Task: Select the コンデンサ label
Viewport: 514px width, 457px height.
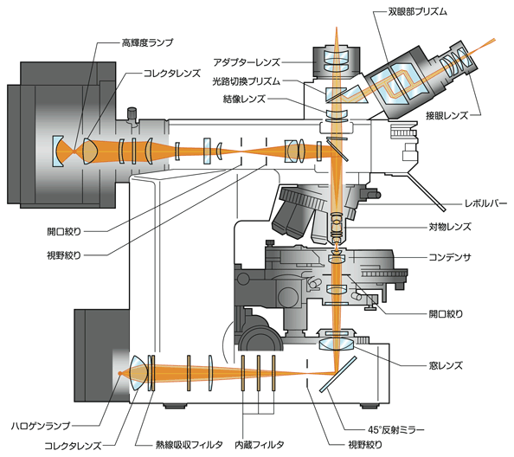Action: [452, 257]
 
